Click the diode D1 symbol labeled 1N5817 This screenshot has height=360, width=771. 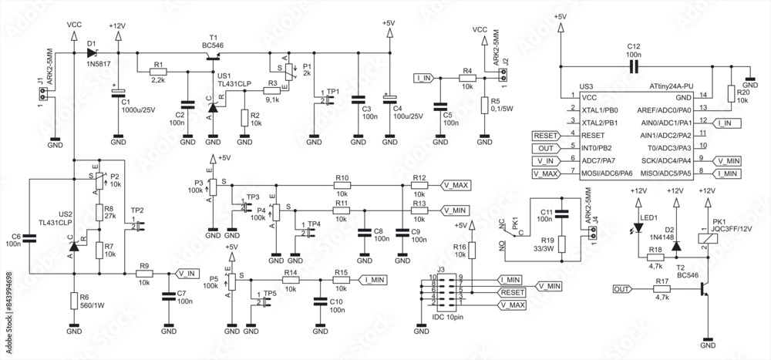(93, 53)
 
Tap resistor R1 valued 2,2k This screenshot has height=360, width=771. (158, 71)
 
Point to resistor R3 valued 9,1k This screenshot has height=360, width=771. (272, 89)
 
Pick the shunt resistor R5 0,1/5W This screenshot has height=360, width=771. (484, 106)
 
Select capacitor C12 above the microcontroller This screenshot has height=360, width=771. (634, 66)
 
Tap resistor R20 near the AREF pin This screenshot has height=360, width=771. (730, 93)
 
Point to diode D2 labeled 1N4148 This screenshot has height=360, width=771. (676, 247)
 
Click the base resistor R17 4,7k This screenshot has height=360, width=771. (662, 289)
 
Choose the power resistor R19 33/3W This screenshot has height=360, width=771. (564, 245)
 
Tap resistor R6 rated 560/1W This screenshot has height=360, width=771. (74, 301)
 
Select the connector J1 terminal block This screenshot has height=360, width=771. (43, 94)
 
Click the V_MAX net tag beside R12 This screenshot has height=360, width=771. (456, 185)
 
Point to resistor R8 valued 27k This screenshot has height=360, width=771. (99, 212)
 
